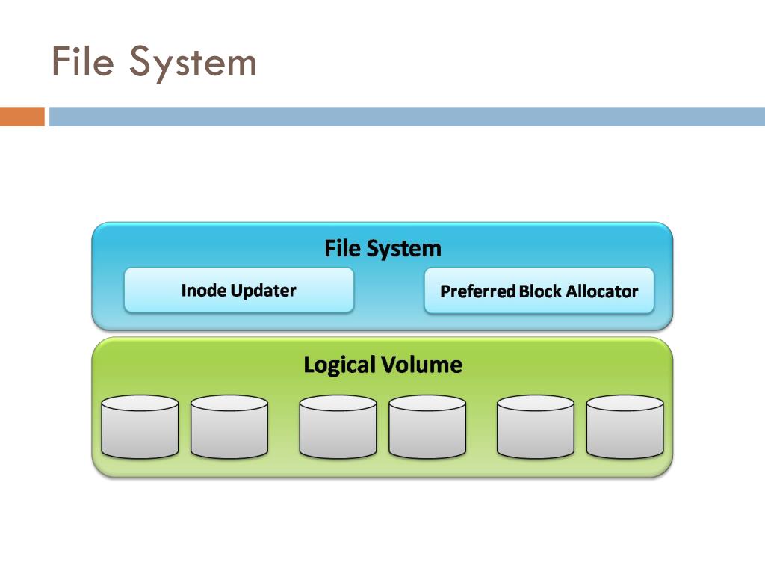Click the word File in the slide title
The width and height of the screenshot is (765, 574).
tap(82, 61)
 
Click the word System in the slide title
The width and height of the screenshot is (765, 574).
tap(193, 64)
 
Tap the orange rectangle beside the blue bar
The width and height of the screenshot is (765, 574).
tap(22, 117)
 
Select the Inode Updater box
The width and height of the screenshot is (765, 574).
tap(238, 290)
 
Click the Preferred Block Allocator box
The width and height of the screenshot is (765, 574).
tap(539, 291)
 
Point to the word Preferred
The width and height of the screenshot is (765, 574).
tap(477, 291)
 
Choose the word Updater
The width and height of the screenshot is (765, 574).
tap(264, 291)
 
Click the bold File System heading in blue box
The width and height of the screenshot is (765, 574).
tap(383, 248)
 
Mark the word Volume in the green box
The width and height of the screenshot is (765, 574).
tap(421, 365)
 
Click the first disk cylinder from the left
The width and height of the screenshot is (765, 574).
tap(140, 427)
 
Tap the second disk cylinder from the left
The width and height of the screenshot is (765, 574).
tap(229, 427)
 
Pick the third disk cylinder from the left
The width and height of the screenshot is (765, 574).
tap(338, 427)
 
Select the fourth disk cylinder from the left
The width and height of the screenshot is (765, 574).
tap(427, 427)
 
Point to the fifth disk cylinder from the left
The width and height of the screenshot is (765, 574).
tap(535, 427)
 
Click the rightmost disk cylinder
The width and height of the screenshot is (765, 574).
tap(625, 427)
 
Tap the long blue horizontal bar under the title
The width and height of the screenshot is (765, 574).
tap(407, 117)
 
